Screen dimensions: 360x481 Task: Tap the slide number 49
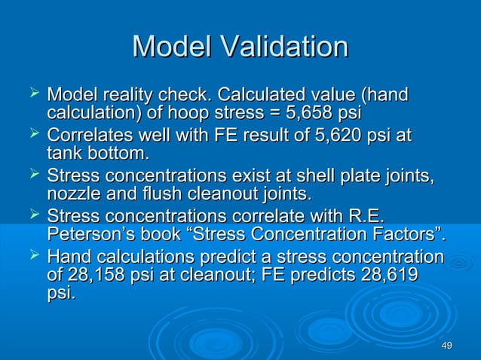pos(446,346)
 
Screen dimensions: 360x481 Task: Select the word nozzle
pos(70,195)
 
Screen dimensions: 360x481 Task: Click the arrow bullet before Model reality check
pos(32,94)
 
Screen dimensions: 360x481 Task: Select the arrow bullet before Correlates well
pos(32,135)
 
